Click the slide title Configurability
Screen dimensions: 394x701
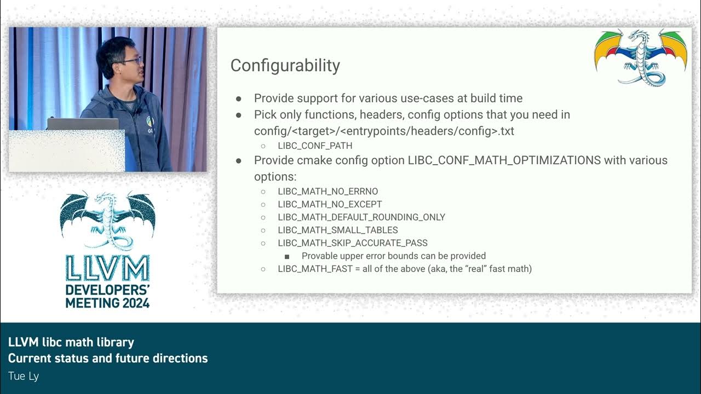coord(285,66)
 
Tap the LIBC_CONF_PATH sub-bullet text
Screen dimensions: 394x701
coord(315,146)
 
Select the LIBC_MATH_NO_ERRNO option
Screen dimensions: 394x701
coord(327,192)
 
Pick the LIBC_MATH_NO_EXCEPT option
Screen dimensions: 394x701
coord(330,204)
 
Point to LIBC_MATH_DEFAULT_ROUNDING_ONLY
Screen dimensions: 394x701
coord(361,217)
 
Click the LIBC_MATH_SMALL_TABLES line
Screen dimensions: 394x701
coord(337,230)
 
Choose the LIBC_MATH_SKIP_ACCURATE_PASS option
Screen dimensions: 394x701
coord(352,243)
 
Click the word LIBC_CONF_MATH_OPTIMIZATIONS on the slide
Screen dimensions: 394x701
coord(504,160)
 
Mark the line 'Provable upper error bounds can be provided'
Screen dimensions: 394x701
coord(393,256)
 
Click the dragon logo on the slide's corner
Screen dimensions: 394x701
coord(640,57)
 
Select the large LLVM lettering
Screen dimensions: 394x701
coord(107,269)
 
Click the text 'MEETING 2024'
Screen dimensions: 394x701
coord(107,302)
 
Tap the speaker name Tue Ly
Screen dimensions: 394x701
coord(23,376)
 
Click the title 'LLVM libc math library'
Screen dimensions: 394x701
coord(71,343)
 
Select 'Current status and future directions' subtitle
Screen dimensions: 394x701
coord(108,358)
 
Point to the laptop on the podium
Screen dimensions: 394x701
coord(82,124)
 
